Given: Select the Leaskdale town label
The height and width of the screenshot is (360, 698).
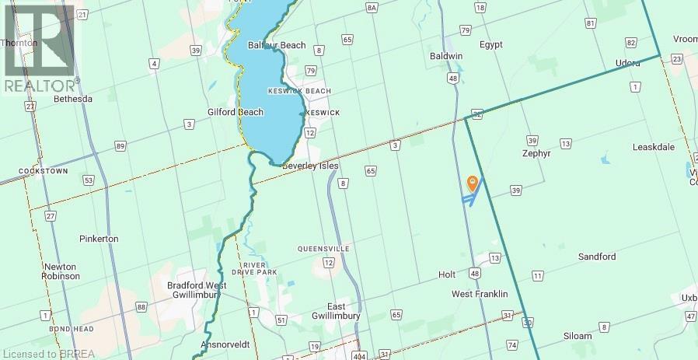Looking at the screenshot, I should click(x=653, y=147).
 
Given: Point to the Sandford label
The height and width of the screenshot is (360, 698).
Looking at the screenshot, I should click(x=597, y=257).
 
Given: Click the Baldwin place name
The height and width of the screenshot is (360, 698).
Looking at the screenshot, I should click(x=446, y=57).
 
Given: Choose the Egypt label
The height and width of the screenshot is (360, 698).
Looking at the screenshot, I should click(x=492, y=45).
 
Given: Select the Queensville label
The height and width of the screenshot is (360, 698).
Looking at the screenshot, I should click(x=323, y=249).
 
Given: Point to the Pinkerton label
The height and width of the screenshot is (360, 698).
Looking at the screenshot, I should click(x=99, y=239).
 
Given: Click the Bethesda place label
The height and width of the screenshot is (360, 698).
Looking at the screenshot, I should click(x=73, y=99).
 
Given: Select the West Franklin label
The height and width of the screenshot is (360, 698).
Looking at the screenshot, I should click(x=480, y=294).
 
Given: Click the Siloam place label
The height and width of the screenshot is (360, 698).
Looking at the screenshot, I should click(x=576, y=336).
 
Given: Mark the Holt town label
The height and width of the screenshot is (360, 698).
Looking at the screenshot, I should click(x=447, y=274).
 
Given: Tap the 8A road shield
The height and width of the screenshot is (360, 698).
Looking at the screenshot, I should click(x=372, y=7).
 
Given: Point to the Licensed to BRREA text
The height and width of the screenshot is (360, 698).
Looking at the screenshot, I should click(x=47, y=354).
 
